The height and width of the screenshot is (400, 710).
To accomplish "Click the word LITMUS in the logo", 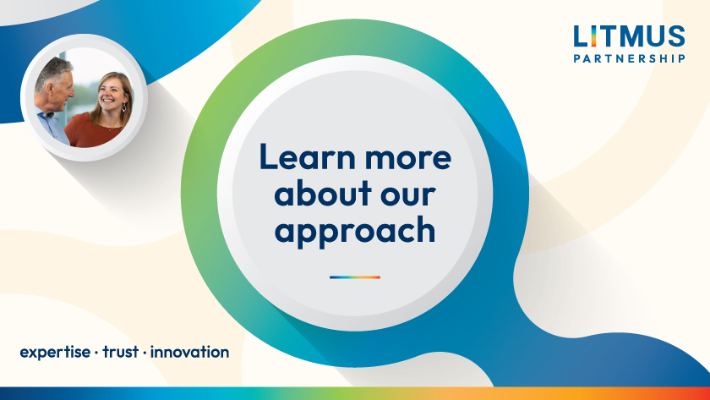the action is click(629, 36).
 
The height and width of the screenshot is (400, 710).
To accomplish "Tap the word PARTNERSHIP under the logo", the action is click(629, 58).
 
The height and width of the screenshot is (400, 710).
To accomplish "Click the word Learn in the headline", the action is click(308, 156).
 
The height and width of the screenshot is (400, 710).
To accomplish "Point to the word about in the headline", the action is click(323, 193).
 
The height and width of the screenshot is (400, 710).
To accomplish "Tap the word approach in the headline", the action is click(354, 232).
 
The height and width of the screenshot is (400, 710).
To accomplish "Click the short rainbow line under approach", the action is click(354, 277).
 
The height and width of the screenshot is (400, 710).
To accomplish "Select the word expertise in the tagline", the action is click(55, 353).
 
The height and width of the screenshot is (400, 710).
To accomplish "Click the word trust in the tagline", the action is click(120, 352).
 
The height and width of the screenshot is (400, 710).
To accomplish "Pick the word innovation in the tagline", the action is click(189, 352).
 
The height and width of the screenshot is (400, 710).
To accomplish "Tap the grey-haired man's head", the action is click(55, 81).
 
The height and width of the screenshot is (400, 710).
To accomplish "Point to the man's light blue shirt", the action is click(52, 125).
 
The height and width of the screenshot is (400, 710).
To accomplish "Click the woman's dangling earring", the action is click(123, 107).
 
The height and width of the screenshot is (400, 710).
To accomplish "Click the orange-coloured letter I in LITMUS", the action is click(593, 36).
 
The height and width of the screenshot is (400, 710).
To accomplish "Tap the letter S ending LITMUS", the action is click(676, 36).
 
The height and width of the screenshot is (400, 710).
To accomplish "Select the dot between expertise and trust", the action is click(96, 353).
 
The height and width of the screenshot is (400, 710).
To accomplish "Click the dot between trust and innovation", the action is click(145, 353).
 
